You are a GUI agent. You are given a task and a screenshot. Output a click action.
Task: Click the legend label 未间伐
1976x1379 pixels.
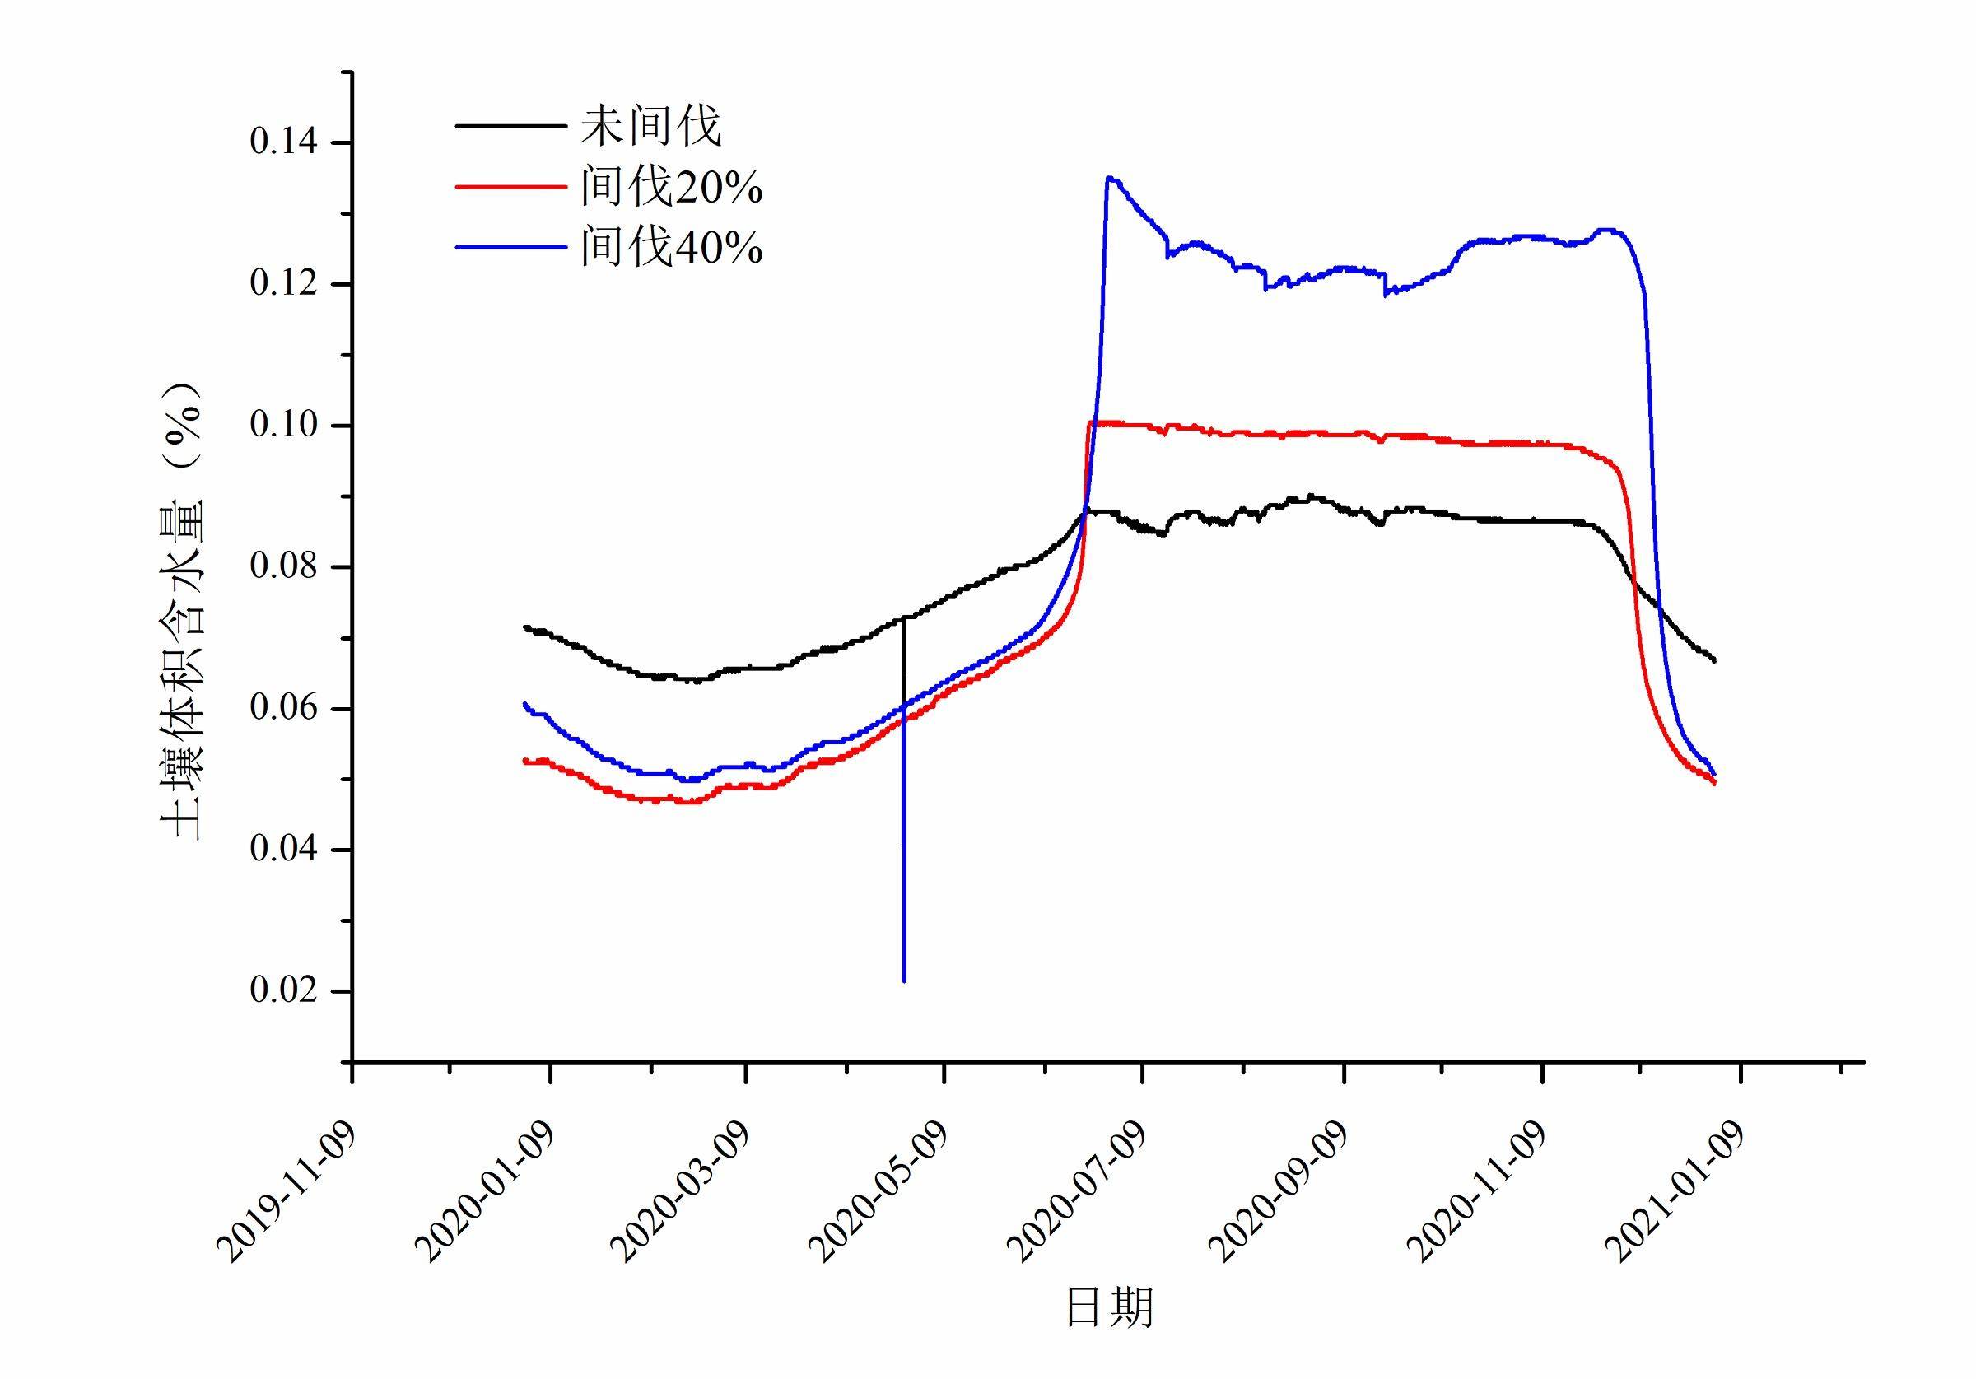tap(650, 127)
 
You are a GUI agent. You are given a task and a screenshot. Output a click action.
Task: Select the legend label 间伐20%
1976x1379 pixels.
tap(670, 187)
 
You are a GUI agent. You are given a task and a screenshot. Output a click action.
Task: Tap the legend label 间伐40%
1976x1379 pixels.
tap(670, 248)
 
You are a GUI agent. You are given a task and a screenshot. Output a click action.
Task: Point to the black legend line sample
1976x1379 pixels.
tap(510, 126)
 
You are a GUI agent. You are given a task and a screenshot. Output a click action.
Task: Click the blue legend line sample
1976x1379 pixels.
tap(510, 248)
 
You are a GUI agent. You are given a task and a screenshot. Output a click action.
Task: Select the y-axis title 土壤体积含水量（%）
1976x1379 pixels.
tap(182, 610)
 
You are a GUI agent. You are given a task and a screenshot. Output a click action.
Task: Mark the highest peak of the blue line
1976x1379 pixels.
tap(1109, 177)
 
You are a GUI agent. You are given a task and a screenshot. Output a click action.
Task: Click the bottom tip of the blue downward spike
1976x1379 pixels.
tap(904, 981)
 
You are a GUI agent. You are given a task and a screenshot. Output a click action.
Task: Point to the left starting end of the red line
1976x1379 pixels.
tap(524, 760)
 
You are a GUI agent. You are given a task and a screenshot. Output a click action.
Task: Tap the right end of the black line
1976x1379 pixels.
tap(1714, 660)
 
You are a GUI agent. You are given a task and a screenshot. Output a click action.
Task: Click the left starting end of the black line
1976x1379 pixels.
tap(524, 627)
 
